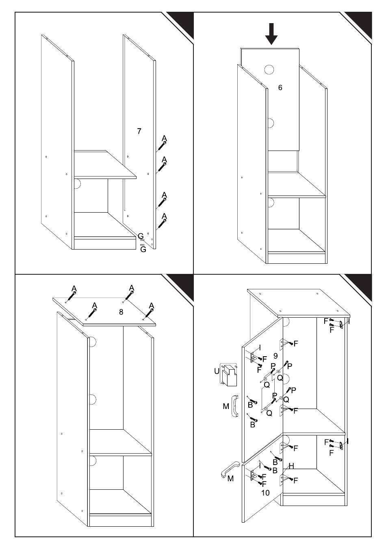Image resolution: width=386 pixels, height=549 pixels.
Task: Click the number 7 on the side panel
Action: click(x=139, y=131)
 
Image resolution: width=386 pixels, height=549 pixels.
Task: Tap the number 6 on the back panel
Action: click(x=280, y=87)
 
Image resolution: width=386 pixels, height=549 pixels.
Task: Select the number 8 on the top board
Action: click(x=121, y=312)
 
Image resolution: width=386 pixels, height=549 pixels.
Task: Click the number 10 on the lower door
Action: click(x=265, y=493)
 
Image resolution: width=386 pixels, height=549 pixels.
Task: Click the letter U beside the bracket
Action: click(x=217, y=371)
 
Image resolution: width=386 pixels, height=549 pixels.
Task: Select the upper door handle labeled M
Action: click(x=235, y=406)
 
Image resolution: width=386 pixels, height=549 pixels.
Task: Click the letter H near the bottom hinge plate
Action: click(x=291, y=466)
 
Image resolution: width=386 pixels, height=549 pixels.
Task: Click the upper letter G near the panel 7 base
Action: click(x=141, y=236)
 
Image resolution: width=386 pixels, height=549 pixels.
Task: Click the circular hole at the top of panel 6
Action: click(x=269, y=69)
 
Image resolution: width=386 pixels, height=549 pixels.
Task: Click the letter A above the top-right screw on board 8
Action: click(x=132, y=288)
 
